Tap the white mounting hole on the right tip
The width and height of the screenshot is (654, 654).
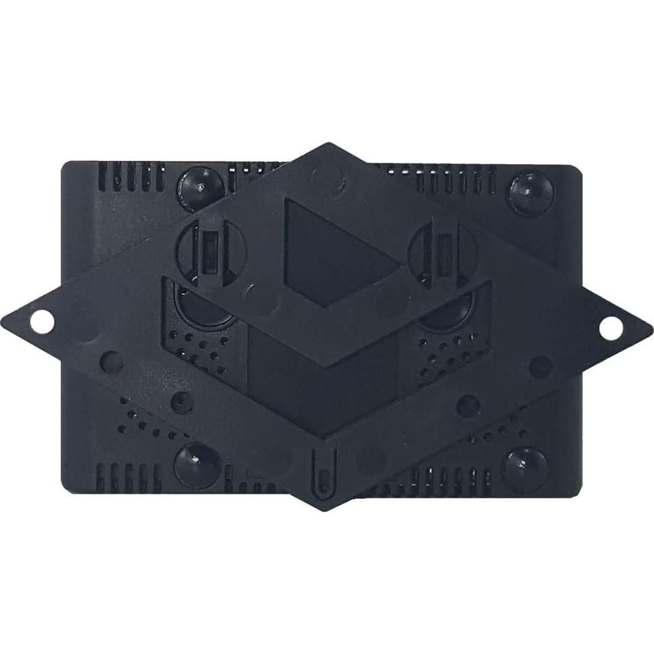[611, 328]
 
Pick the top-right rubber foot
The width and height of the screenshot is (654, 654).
[530, 193]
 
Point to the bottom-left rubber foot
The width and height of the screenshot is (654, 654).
[197, 466]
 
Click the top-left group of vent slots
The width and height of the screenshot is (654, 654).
[132, 176]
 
